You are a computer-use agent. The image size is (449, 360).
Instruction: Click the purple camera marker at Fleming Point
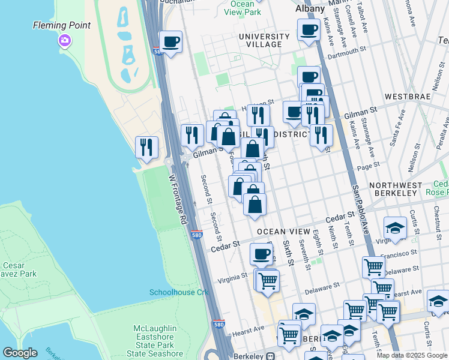pyautogui.click(x=64, y=40)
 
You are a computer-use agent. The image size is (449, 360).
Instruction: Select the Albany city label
pyautogui.click(x=310, y=9)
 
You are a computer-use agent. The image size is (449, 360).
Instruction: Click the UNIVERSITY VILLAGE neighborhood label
pyautogui.click(x=260, y=40)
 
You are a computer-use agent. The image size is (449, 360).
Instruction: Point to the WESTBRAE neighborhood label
pyautogui.click(x=406, y=96)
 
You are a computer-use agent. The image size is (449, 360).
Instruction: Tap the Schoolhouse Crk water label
pyautogui.click(x=178, y=292)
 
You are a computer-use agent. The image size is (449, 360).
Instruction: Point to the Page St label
pyautogui.click(x=369, y=163)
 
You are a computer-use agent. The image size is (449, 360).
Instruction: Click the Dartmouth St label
pyautogui.click(x=349, y=52)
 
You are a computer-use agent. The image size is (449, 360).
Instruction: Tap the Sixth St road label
pyautogui.click(x=289, y=254)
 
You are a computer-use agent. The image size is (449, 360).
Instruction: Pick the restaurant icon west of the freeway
pyautogui.click(x=146, y=147)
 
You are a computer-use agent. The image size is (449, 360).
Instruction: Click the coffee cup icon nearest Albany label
pyautogui.click(x=309, y=29)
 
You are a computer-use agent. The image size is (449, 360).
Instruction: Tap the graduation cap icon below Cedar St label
pyautogui.click(x=395, y=228)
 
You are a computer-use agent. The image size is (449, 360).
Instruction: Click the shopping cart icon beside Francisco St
pyautogui.click(x=373, y=266)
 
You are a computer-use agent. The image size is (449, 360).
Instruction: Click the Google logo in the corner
pyautogui.click(x=19, y=353)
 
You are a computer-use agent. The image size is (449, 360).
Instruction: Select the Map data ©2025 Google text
pyautogui.click(x=412, y=355)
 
